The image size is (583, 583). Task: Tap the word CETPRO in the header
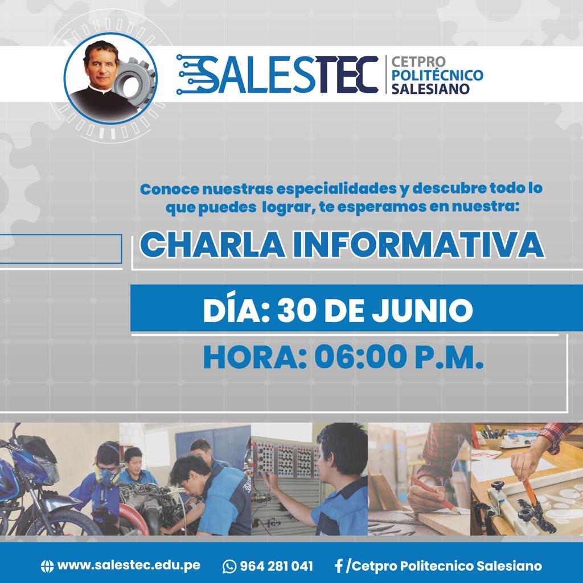(x=418, y=61)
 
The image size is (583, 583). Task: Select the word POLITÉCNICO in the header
(x=437, y=75)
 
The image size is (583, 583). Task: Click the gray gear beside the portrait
(x=134, y=82)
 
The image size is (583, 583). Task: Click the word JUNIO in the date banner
(x=422, y=310)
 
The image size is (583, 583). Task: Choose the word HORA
(x=252, y=357)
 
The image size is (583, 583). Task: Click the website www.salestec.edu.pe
(x=129, y=565)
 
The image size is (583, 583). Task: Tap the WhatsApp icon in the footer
(x=229, y=566)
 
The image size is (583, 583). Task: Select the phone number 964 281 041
(x=276, y=566)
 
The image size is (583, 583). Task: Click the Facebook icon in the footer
(x=338, y=566)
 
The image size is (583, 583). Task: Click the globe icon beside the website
(x=47, y=566)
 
